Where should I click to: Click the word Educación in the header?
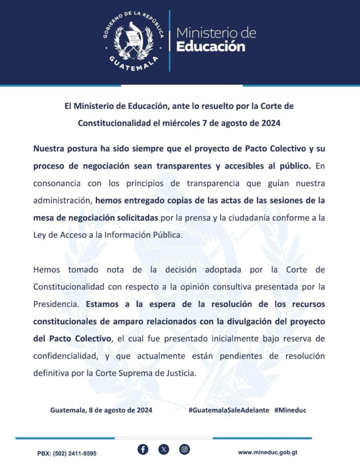pos(211,46)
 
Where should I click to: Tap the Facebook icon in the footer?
pos(143,449)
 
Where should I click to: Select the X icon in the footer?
pos(164,449)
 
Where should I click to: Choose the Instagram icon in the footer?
pos(185,449)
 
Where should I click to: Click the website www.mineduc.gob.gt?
pos(268,452)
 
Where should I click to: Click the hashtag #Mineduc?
pos(290,410)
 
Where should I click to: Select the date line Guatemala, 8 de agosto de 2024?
pos(101,410)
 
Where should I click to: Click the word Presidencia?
pos(58,304)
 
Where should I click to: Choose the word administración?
pos(61,200)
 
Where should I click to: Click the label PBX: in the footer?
pos(45,453)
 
